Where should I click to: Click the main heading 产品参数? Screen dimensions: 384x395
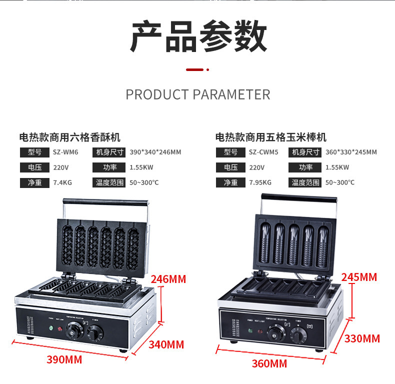point(198,37)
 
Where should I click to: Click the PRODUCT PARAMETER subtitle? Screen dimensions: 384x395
point(198,94)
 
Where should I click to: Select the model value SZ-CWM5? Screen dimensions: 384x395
point(263,152)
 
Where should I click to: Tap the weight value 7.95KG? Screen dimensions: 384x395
point(260,182)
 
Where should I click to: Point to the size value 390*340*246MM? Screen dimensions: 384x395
point(155,152)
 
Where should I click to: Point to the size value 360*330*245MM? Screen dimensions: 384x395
point(351,152)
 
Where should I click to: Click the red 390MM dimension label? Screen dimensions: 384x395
point(64,359)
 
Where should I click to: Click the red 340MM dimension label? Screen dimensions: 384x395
point(166,344)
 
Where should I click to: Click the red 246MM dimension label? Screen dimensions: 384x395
point(168,279)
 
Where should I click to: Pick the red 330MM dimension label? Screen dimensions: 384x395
point(362,338)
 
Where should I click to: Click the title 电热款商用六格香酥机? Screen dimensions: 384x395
point(69,137)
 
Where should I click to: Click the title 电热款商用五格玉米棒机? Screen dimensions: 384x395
point(270,137)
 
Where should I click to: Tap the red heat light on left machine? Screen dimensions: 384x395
point(61,328)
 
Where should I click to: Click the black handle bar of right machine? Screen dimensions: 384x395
point(298,196)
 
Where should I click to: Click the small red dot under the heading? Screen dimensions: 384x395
point(207,69)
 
